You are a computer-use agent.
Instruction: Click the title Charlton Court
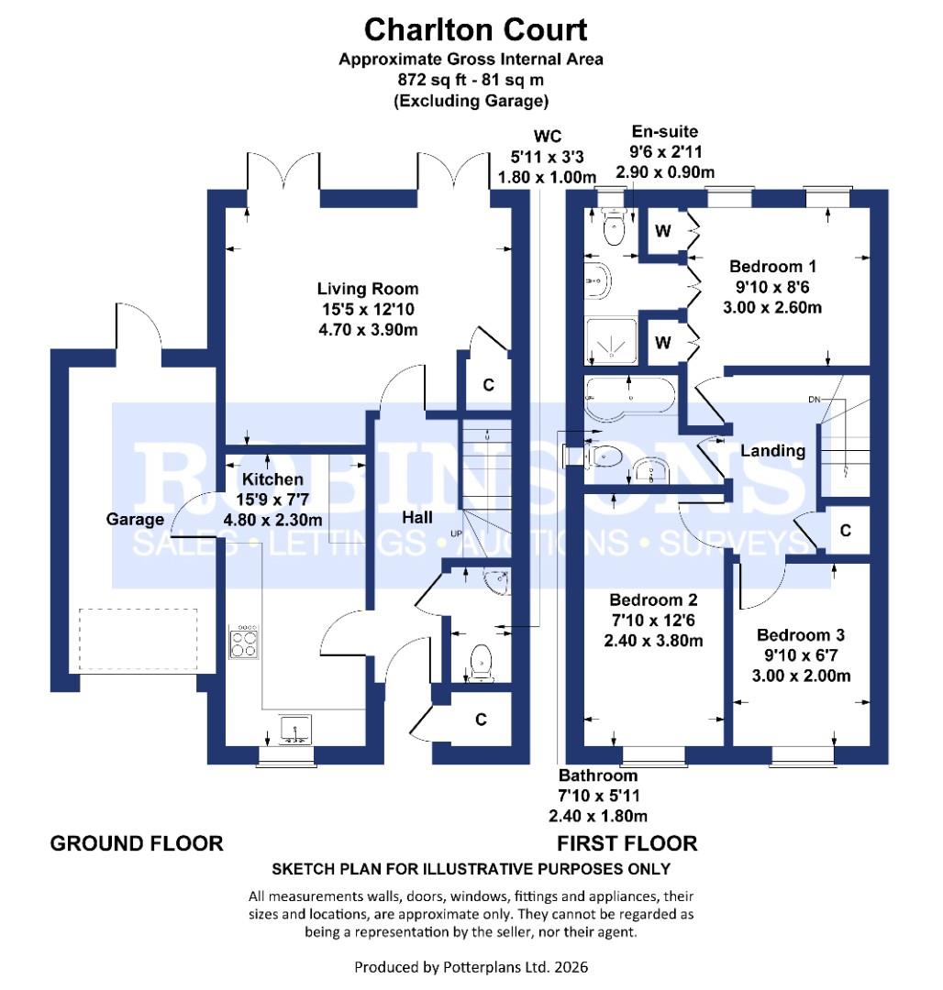[x=475, y=29]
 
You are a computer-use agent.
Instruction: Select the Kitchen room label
[x=272, y=479]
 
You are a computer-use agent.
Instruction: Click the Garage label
[x=135, y=519]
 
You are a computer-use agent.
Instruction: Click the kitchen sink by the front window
[x=294, y=731]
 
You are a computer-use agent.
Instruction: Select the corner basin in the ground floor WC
[x=496, y=579]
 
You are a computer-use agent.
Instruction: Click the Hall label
[x=417, y=518]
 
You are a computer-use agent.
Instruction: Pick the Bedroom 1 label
[x=772, y=267]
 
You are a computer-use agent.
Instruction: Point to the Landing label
[x=772, y=451]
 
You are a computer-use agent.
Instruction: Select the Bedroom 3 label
[x=801, y=635]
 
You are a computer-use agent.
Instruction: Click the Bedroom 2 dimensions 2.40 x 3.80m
[x=653, y=641]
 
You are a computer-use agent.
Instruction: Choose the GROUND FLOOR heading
[x=136, y=843]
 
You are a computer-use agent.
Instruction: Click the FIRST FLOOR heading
[x=627, y=843]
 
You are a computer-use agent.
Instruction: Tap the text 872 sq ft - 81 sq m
[x=471, y=80]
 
